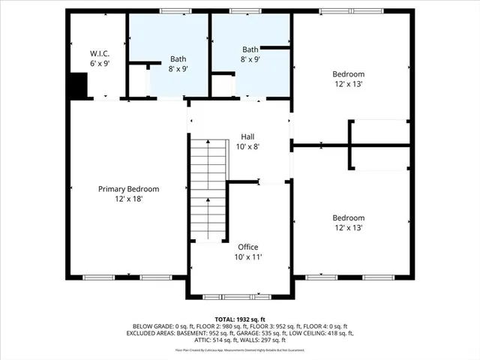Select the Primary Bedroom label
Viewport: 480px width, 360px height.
pyautogui.click(x=129, y=189)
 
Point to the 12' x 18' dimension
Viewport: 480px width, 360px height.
pyautogui.click(x=129, y=199)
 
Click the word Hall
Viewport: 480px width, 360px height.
pyautogui.click(x=247, y=136)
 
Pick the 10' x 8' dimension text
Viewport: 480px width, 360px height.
pyautogui.click(x=247, y=147)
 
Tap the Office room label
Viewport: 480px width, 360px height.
pyautogui.click(x=248, y=247)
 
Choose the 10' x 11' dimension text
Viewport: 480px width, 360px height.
pyautogui.click(x=248, y=257)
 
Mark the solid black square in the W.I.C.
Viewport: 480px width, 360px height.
pyautogui.click(x=78, y=85)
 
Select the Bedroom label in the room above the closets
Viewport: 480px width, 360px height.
pyautogui.click(x=349, y=73)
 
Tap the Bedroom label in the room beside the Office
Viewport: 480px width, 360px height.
pyautogui.click(x=349, y=217)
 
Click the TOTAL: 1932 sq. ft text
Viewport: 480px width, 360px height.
pyautogui.click(x=239, y=319)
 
